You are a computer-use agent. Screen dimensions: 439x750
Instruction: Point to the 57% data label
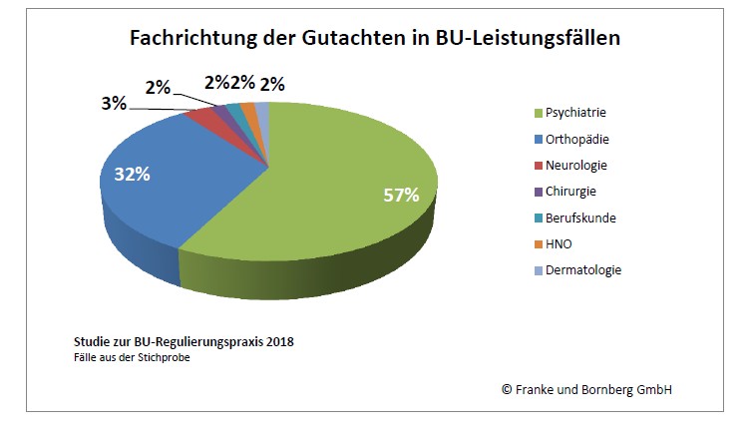pos(401,195)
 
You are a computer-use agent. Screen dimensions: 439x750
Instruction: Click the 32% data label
pos(132,175)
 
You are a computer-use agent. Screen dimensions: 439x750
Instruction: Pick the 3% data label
pos(113,103)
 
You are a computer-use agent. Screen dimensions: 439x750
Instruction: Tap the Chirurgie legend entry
pos(572,191)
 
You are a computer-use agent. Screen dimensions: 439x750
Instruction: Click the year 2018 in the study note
pos(279,341)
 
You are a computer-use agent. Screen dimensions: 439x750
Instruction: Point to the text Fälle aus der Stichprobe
pos(132,358)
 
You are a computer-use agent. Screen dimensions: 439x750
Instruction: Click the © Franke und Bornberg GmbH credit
pos(585,388)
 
